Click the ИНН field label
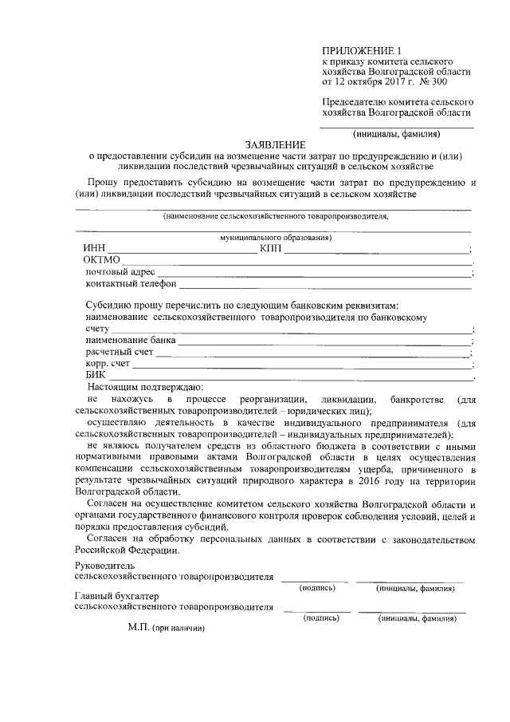tap(94, 249)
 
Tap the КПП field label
tap(271, 249)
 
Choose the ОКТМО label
tap(101, 260)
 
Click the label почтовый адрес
tap(120, 272)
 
